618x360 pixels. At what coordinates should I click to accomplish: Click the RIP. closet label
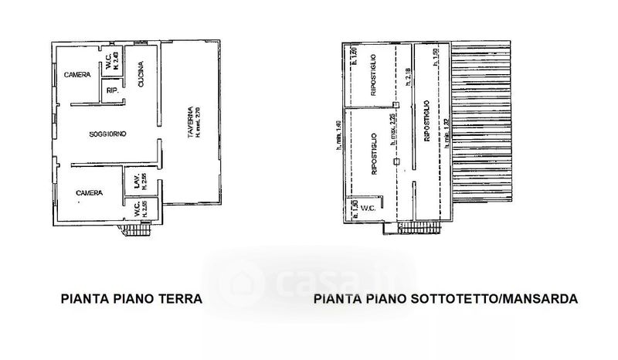click(110, 91)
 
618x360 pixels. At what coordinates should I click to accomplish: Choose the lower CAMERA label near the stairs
click(90, 193)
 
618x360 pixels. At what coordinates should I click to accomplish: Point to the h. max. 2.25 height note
click(393, 132)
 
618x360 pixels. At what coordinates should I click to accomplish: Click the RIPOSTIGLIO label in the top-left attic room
click(372, 75)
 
